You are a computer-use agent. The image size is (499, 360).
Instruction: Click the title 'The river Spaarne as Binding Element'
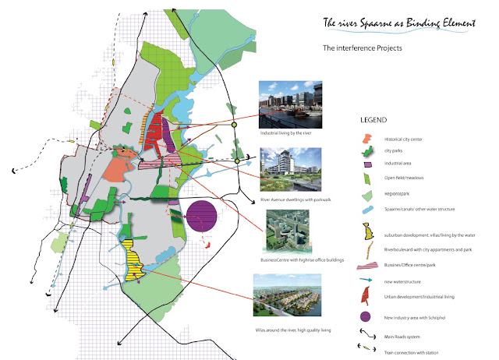click(x=400, y=24)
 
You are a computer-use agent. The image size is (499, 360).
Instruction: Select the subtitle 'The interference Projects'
click(x=362, y=48)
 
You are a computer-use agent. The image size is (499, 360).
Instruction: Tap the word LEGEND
click(x=373, y=122)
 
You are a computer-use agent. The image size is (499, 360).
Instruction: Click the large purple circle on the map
click(x=201, y=214)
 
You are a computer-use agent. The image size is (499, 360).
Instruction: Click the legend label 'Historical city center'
click(x=407, y=139)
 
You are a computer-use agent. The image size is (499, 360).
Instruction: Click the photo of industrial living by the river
click(x=289, y=102)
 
